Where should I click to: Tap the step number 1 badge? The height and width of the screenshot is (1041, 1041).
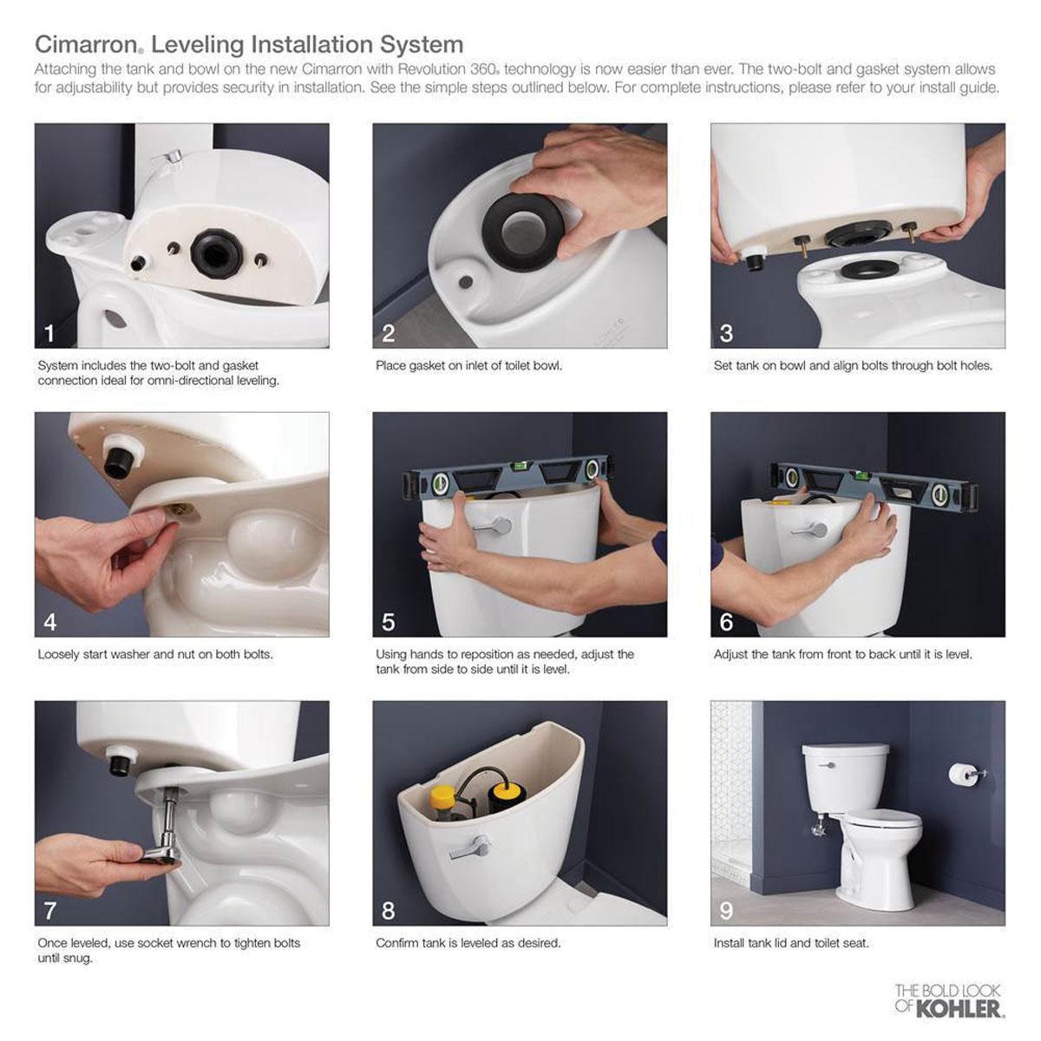point(50,333)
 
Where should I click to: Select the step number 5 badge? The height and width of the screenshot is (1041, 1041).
point(389,622)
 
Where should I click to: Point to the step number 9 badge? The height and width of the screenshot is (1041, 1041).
point(727,910)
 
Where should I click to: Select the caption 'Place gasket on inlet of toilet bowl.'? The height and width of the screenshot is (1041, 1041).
point(468,365)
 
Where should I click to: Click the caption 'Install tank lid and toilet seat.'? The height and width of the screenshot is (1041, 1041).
point(791,943)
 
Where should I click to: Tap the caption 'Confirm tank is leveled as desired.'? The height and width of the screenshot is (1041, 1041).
point(468,943)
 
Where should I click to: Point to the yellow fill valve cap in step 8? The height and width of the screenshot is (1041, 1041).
point(443,794)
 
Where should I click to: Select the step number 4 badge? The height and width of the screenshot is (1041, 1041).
point(50,622)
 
